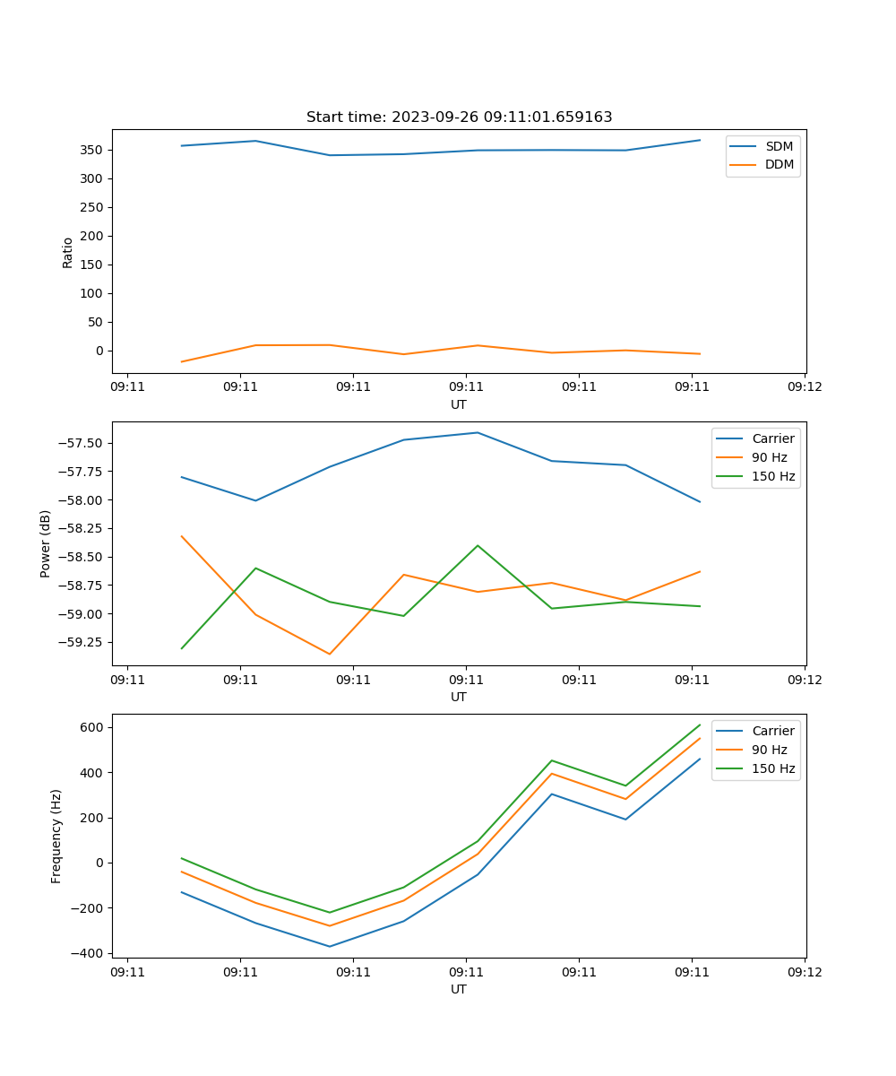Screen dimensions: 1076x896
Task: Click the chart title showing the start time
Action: [x=459, y=117]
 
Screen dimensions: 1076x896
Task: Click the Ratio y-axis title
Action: [x=68, y=252]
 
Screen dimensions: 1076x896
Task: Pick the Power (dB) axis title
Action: [x=46, y=543]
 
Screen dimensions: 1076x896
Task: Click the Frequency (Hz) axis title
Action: [x=56, y=836]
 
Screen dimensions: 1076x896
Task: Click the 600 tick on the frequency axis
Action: [x=92, y=727]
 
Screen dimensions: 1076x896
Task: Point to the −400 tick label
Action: [x=88, y=953]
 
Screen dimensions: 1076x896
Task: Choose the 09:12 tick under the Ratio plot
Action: [x=804, y=387]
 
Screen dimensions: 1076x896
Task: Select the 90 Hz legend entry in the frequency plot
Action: [x=770, y=750]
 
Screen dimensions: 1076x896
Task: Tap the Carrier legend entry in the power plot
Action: [x=772, y=438]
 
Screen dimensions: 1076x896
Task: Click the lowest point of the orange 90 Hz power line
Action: [x=330, y=654]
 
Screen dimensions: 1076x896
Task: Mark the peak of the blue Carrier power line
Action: [x=478, y=432]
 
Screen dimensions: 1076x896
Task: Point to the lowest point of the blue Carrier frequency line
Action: [x=330, y=946]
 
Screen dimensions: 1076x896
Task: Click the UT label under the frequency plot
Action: [x=459, y=989]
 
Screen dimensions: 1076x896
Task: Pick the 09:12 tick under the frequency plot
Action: [x=804, y=972]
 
